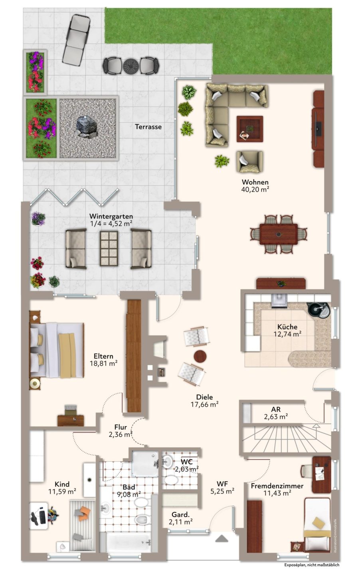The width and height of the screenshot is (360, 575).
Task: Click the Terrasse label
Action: click(x=148, y=127)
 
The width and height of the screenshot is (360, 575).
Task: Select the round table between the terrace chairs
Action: click(x=131, y=66)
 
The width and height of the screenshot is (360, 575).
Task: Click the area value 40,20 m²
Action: click(x=255, y=189)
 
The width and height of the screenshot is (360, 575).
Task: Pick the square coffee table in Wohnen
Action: click(x=250, y=129)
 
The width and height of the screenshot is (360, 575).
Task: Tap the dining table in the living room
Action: click(x=279, y=234)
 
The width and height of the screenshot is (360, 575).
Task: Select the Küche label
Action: click(x=287, y=327)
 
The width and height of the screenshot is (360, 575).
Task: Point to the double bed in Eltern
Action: click(x=57, y=351)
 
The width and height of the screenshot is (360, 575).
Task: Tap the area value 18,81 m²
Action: click(x=104, y=363)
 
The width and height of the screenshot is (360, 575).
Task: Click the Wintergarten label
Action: click(x=111, y=216)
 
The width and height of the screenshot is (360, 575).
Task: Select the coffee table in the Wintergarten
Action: click(x=109, y=248)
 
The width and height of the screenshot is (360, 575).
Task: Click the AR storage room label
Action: click(x=276, y=409)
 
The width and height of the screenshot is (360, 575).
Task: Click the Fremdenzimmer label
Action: click(x=277, y=486)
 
